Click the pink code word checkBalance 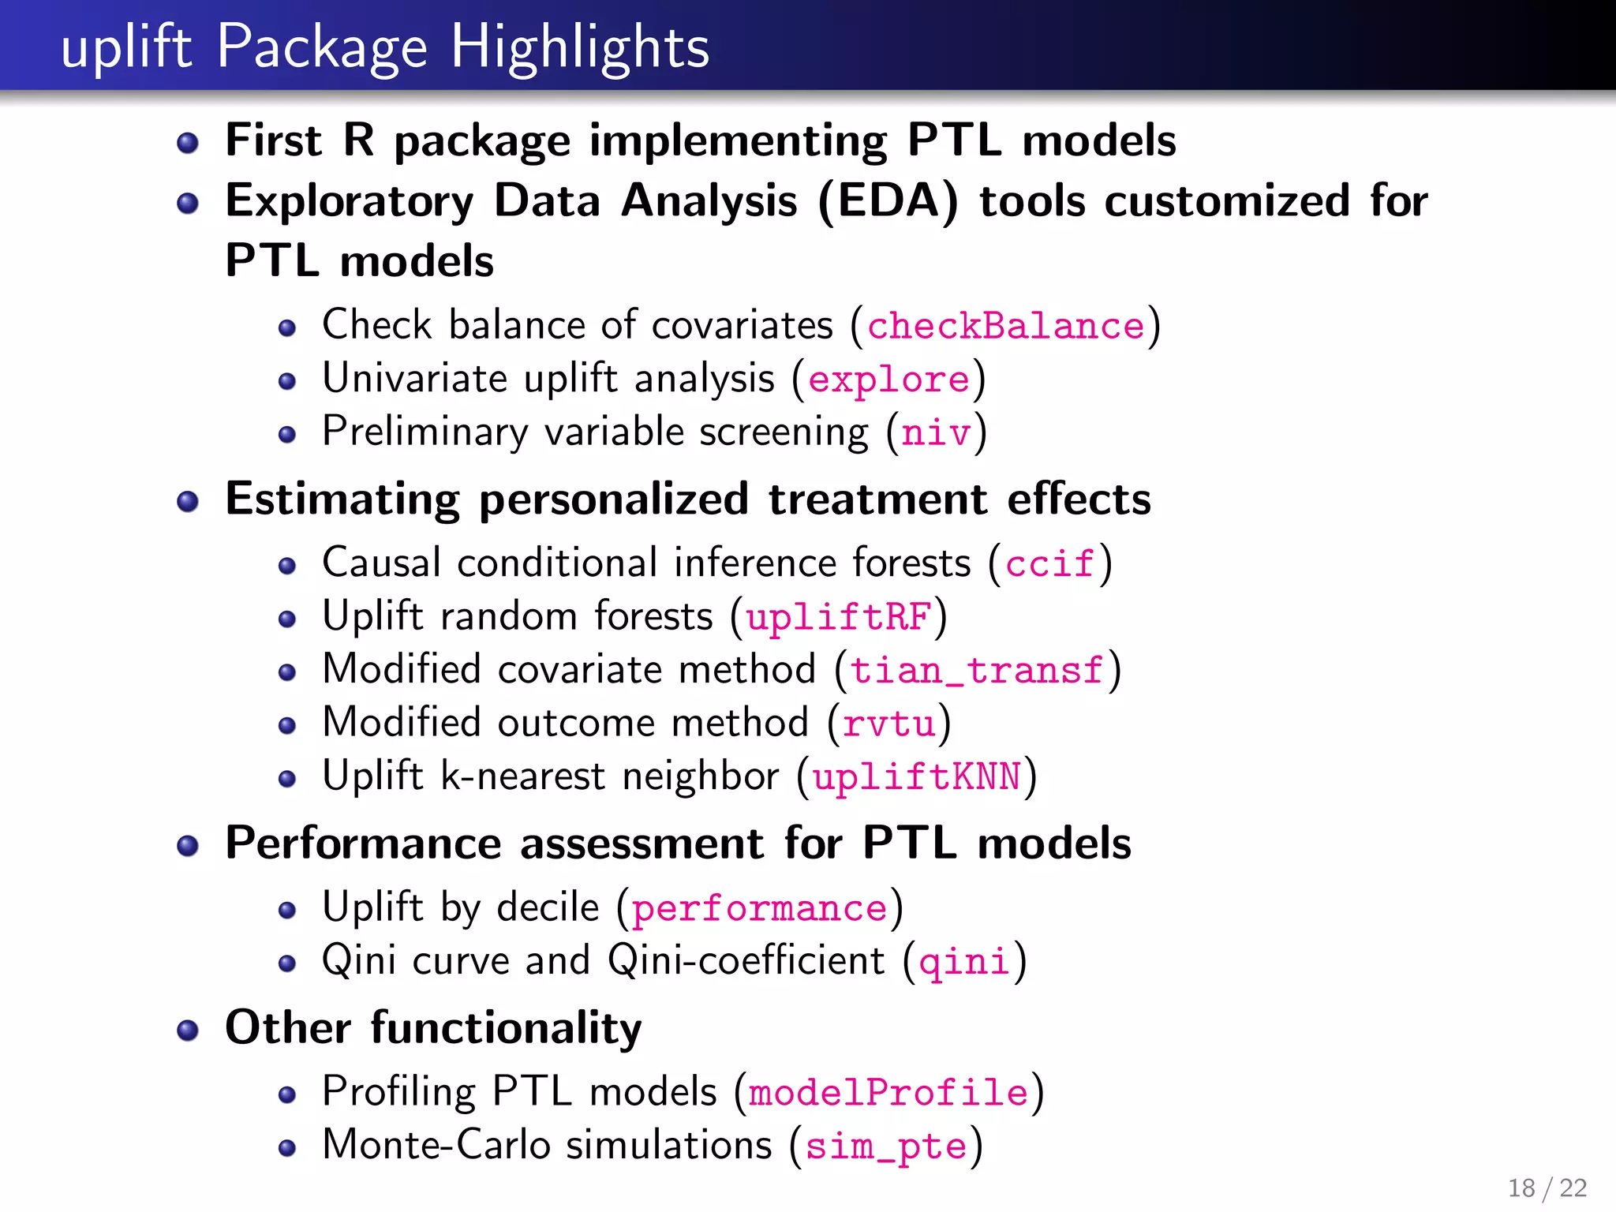[x=1005, y=326]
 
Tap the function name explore [x=888, y=380]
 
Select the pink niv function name [x=936, y=432]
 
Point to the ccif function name [x=1049, y=563]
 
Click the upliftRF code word [x=839, y=616]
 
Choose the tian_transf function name [x=977, y=670]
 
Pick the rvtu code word [x=888, y=724]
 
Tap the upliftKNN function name [x=917, y=776]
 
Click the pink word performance [x=759, y=908]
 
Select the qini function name [x=964, y=962]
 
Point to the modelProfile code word [x=888, y=1093]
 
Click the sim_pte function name [x=886, y=1147]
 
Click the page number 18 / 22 [x=1547, y=1188]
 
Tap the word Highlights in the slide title [x=580, y=47]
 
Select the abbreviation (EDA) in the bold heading [x=888, y=201]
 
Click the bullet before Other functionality [x=188, y=1031]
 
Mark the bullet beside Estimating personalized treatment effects [x=188, y=502]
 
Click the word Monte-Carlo [x=436, y=1145]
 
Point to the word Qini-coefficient [x=746, y=960]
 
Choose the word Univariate [x=414, y=378]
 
